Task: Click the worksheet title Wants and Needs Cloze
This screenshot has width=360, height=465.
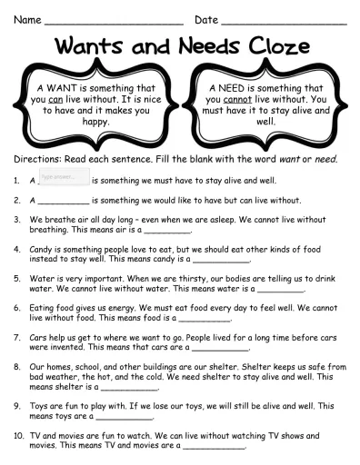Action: point(180,46)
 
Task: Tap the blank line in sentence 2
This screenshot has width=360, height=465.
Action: point(65,202)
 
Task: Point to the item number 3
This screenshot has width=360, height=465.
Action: point(17,219)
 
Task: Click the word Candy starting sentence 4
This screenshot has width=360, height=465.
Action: point(43,247)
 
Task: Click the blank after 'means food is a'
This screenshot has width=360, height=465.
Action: point(207,320)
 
